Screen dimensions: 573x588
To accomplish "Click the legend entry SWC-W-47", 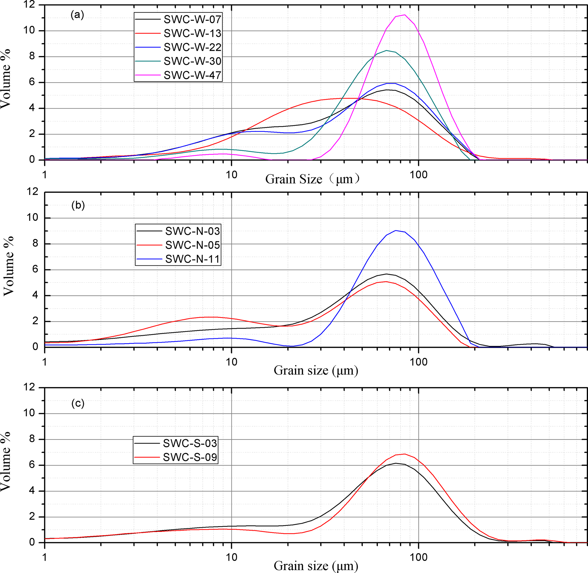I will click(192, 75).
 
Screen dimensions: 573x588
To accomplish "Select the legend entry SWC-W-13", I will click(192, 33).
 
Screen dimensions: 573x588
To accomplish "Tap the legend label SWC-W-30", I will click(192, 61).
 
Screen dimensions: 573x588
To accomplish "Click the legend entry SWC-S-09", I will click(190, 457).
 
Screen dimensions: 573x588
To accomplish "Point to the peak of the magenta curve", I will click(405, 15).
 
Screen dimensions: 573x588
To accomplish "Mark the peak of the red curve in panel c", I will click(405, 454).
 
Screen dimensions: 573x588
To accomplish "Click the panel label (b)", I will click(78, 206).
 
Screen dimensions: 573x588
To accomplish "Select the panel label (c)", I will click(78, 403).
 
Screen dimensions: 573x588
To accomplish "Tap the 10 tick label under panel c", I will click(231, 557).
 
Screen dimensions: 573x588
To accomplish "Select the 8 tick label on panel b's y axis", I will click(36, 243).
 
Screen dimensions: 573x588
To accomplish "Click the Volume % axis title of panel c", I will click(6, 461).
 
